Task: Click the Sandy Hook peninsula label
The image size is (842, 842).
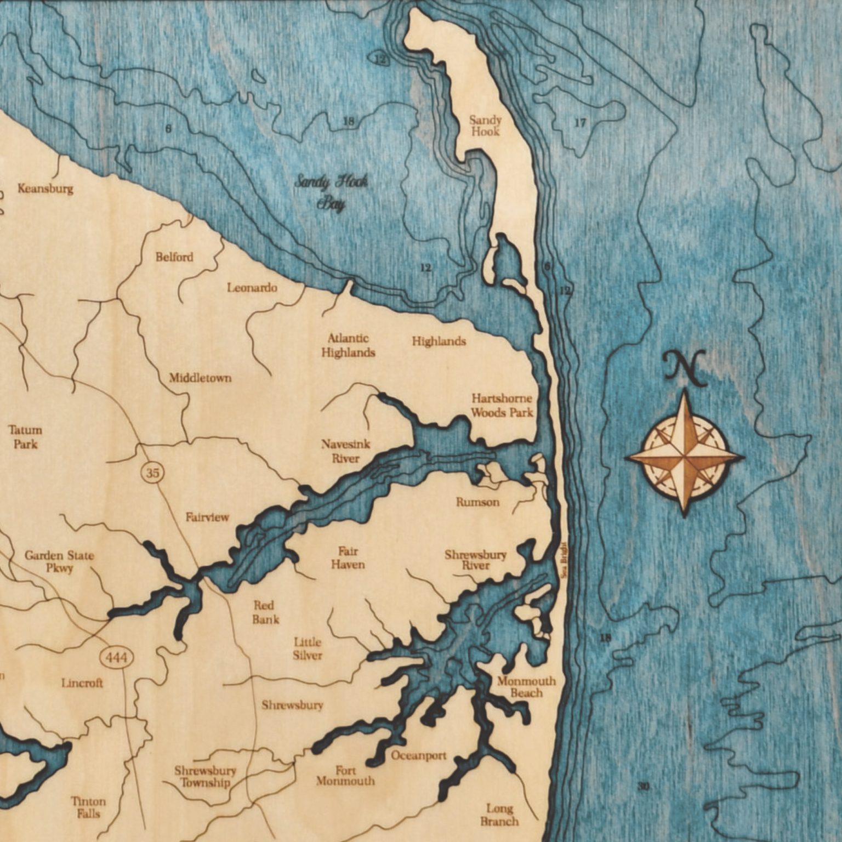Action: (x=485, y=126)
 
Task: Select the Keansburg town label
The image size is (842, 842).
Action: (x=45, y=189)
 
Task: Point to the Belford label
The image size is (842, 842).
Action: (x=174, y=257)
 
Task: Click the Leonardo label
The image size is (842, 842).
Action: (x=252, y=287)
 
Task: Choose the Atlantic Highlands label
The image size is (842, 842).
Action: (x=348, y=345)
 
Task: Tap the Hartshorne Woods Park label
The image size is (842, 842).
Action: (x=502, y=405)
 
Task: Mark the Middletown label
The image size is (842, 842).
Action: (x=200, y=378)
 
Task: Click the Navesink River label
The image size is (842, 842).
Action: (x=345, y=451)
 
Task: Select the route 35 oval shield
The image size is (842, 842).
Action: (x=152, y=472)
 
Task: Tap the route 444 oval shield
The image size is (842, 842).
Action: (x=117, y=657)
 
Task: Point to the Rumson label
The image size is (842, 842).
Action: (x=477, y=502)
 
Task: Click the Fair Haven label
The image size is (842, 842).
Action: (x=348, y=557)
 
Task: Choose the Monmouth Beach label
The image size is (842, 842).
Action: (x=526, y=687)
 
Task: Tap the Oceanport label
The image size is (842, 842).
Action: (x=418, y=755)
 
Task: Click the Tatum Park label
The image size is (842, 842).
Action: (x=25, y=436)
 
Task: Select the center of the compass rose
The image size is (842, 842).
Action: (x=684, y=454)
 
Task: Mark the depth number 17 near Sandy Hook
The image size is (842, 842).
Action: (x=580, y=123)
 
